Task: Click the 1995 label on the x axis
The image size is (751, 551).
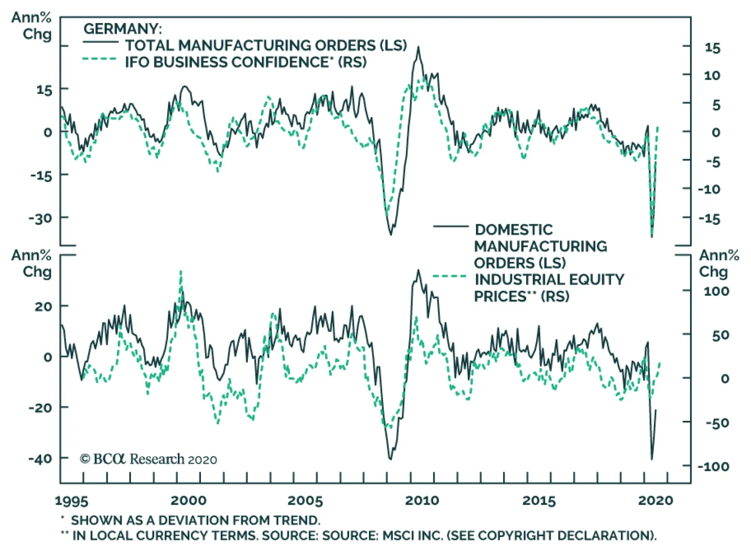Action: click(71, 501)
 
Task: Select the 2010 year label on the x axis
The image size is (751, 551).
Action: click(422, 500)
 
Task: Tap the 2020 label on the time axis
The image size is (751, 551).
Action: click(655, 500)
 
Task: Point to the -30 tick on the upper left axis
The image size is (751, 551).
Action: click(41, 218)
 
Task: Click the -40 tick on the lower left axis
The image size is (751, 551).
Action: click(40, 459)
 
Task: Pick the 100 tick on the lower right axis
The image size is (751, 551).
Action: click(716, 291)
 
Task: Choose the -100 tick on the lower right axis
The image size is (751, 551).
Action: click(713, 466)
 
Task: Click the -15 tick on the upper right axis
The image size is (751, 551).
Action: click(709, 219)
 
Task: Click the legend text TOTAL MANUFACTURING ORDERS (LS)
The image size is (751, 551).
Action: click(266, 45)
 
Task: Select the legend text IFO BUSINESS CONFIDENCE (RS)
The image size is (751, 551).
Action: click(245, 62)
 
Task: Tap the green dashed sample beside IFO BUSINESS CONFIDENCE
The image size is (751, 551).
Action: click(100, 59)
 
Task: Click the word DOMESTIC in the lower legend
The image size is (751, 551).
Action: click(514, 230)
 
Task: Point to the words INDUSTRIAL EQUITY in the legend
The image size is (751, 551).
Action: click(550, 279)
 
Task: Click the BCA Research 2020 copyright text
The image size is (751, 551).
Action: click(149, 459)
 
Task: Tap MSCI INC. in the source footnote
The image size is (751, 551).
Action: click(410, 536)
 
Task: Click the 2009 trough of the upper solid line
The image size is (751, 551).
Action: click(391, 234)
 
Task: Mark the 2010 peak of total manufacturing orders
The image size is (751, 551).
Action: click(418, 47)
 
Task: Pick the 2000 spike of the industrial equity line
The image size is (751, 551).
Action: click(181, 271)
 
